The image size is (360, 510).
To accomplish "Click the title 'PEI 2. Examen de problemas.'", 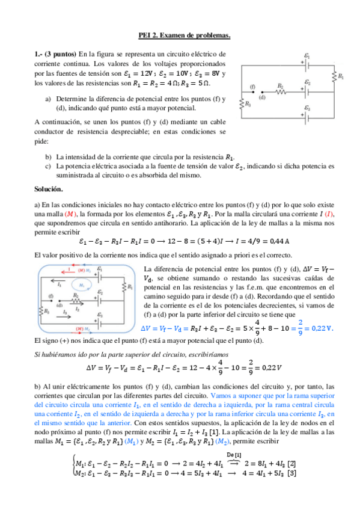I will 180,37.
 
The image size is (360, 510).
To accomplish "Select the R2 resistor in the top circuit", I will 280,92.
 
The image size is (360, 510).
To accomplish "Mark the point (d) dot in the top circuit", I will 261,92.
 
